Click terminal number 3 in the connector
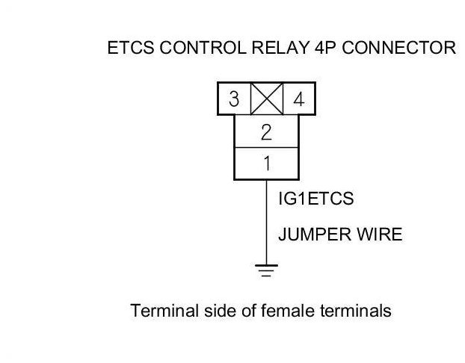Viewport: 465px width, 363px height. (x=234, y=99)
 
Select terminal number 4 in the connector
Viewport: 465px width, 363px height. (x=299, y=99)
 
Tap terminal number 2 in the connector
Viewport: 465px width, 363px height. (x=266, y=132)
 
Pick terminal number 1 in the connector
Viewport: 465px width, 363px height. (x=267, y=164)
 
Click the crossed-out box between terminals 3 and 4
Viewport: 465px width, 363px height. (x=267, y=99)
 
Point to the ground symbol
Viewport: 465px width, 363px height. (x=266, y=270)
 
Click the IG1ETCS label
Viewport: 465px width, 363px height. (x=316, y=198)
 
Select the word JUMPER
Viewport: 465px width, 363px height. (x=315, y=234)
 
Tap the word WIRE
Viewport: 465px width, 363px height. (x=379, y=234)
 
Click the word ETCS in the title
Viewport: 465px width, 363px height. (x=131, y=47)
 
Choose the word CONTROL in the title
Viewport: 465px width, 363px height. (x=203, y=47)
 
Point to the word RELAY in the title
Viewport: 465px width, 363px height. (x=280, y=47)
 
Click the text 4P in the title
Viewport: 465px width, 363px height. (x=325, y=47)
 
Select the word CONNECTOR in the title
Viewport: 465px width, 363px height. (x=399, y=47)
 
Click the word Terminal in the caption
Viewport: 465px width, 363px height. (x=164, y=311)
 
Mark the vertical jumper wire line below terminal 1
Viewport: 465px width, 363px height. (x=266, y=222)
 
